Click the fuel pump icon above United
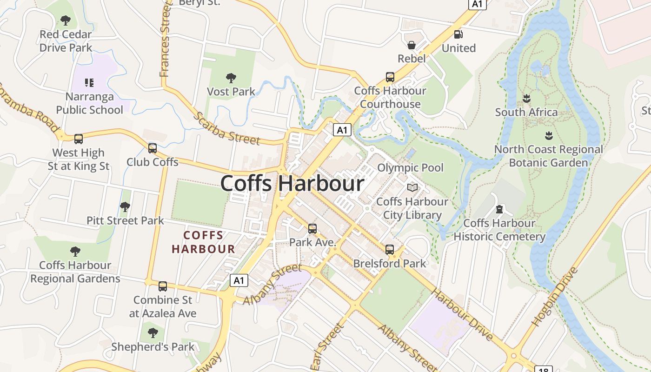pyautogui.click(x=458, y=34)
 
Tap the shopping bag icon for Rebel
pyautogui.click(x=412, y=45)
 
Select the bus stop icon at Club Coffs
pyautogui.click(x=153, y=148)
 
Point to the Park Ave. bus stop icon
pyautogui.click(x=312, y=229)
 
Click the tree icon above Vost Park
pyautogui.click(x=231, y=78)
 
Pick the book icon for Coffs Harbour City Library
pyautogui.click(x=412, y=187)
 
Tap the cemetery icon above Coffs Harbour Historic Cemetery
pyautogui.click(x=499, y=209)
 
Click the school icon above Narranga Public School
pyautogui.click(x=89, y=83)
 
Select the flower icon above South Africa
pyautogui.click(x=526, y=99)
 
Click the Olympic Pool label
pyautogui.click(x=411, y=167)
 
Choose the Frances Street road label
pyautogui.click(x=166, y=39)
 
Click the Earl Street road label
pyautogui.click(x=327, y=347)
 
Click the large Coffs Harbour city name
pyautogui.click(x=292, y=183)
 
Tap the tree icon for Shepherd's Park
pyautogui.click(x=153, y=333)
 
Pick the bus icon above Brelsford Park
pyautogui.click(x=390, y=250)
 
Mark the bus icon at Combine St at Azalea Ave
pyautogui.click(x=163, y=286)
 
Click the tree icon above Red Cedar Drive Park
pyautogui.click(x=66, y=20)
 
